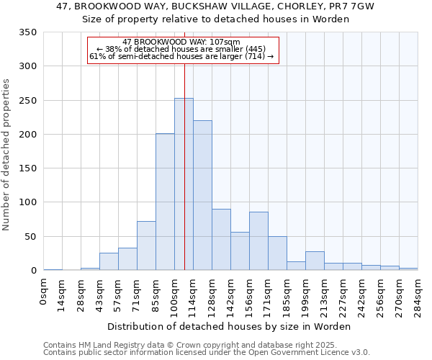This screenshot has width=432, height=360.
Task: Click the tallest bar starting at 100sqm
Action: [x=184, y=184]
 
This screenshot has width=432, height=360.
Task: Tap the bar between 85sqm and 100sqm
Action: [x=165, y=202]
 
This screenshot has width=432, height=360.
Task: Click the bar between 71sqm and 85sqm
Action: [x=146, y=246]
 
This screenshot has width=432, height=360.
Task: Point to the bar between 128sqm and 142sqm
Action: [x=221, y=240]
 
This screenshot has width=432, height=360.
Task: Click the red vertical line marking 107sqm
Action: [x=185, y=216]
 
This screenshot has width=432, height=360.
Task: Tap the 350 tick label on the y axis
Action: [x=28, y=32]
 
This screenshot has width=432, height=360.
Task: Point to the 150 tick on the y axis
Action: [x=28, y=168]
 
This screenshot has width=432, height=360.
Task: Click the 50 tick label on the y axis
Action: [x=31, y=236]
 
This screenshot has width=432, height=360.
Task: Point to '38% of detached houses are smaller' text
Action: [x=182, y=49]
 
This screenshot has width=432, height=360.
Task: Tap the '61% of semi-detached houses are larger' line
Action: [x=182, y=56]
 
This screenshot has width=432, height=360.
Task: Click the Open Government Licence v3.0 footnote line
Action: [x=207, y=353]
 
